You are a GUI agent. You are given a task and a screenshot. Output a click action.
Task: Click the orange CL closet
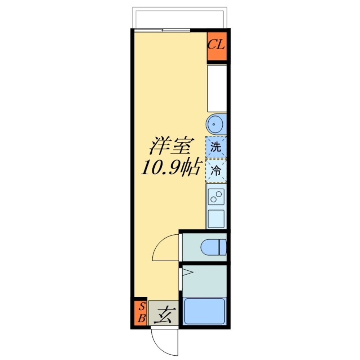point(217,46)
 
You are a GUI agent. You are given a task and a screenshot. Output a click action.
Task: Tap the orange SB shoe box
point(141,312)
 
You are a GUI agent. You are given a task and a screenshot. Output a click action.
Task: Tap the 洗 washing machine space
point(216,147)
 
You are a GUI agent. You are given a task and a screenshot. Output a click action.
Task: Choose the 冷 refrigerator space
point(216,171)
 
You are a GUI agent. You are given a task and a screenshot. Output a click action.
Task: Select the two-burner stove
point(216,197)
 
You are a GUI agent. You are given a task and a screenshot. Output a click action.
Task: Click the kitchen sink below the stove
point(216,219)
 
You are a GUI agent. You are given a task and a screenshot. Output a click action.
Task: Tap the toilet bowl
point(210,247)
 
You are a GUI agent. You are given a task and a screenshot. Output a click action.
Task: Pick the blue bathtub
point(204,311)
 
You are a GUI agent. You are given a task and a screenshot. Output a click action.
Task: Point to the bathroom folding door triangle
point(188,273)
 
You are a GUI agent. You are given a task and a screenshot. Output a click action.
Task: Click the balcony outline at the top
point(179,9)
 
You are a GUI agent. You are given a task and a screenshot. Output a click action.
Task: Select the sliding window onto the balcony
point(162,30)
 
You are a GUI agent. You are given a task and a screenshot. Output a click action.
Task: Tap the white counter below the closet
point(217,89)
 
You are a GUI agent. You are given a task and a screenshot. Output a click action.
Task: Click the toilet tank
point(223,247)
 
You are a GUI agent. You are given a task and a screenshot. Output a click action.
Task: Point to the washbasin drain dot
point(214,125)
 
